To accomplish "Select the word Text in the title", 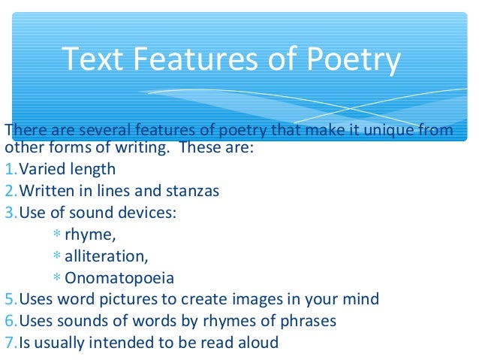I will click(x=89, y=60).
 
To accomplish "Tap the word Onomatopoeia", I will click(x=119, y=278).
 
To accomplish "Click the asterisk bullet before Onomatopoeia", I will click(x=58, y=278).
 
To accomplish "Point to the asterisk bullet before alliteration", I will click(x=58, y=256).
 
